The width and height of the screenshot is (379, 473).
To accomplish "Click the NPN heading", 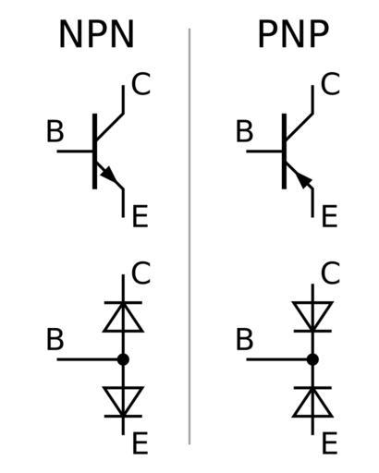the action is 96,34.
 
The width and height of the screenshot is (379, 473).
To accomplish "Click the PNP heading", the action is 293,34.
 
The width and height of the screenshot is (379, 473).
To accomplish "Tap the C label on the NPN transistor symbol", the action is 141,84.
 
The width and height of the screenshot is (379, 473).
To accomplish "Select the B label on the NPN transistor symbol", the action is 55,131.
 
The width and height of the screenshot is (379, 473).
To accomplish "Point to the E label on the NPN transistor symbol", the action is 141,216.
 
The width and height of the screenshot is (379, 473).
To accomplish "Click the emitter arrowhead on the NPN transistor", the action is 108,176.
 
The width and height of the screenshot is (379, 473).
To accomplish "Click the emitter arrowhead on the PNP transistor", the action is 305,180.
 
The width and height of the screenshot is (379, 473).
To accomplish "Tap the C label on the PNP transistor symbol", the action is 330,84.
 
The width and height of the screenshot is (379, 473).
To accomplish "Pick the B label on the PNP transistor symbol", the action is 245,131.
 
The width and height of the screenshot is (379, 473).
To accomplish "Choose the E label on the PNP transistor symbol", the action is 330,216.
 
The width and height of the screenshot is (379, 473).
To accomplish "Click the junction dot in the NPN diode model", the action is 123,359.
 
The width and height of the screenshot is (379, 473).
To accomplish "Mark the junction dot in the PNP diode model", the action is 312,359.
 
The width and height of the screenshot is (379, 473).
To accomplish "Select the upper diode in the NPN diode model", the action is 123,317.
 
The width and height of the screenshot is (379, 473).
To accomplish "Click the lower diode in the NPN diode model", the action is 123,402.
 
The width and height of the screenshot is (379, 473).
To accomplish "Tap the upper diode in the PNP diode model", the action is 312,317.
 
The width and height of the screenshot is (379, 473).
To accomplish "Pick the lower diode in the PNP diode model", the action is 312,402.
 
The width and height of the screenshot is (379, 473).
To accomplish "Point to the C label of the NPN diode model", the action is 141,273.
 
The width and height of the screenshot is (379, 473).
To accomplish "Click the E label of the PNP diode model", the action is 330,443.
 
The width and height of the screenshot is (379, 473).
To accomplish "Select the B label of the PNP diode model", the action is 245,340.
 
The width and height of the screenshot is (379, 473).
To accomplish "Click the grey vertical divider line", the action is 189,236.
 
